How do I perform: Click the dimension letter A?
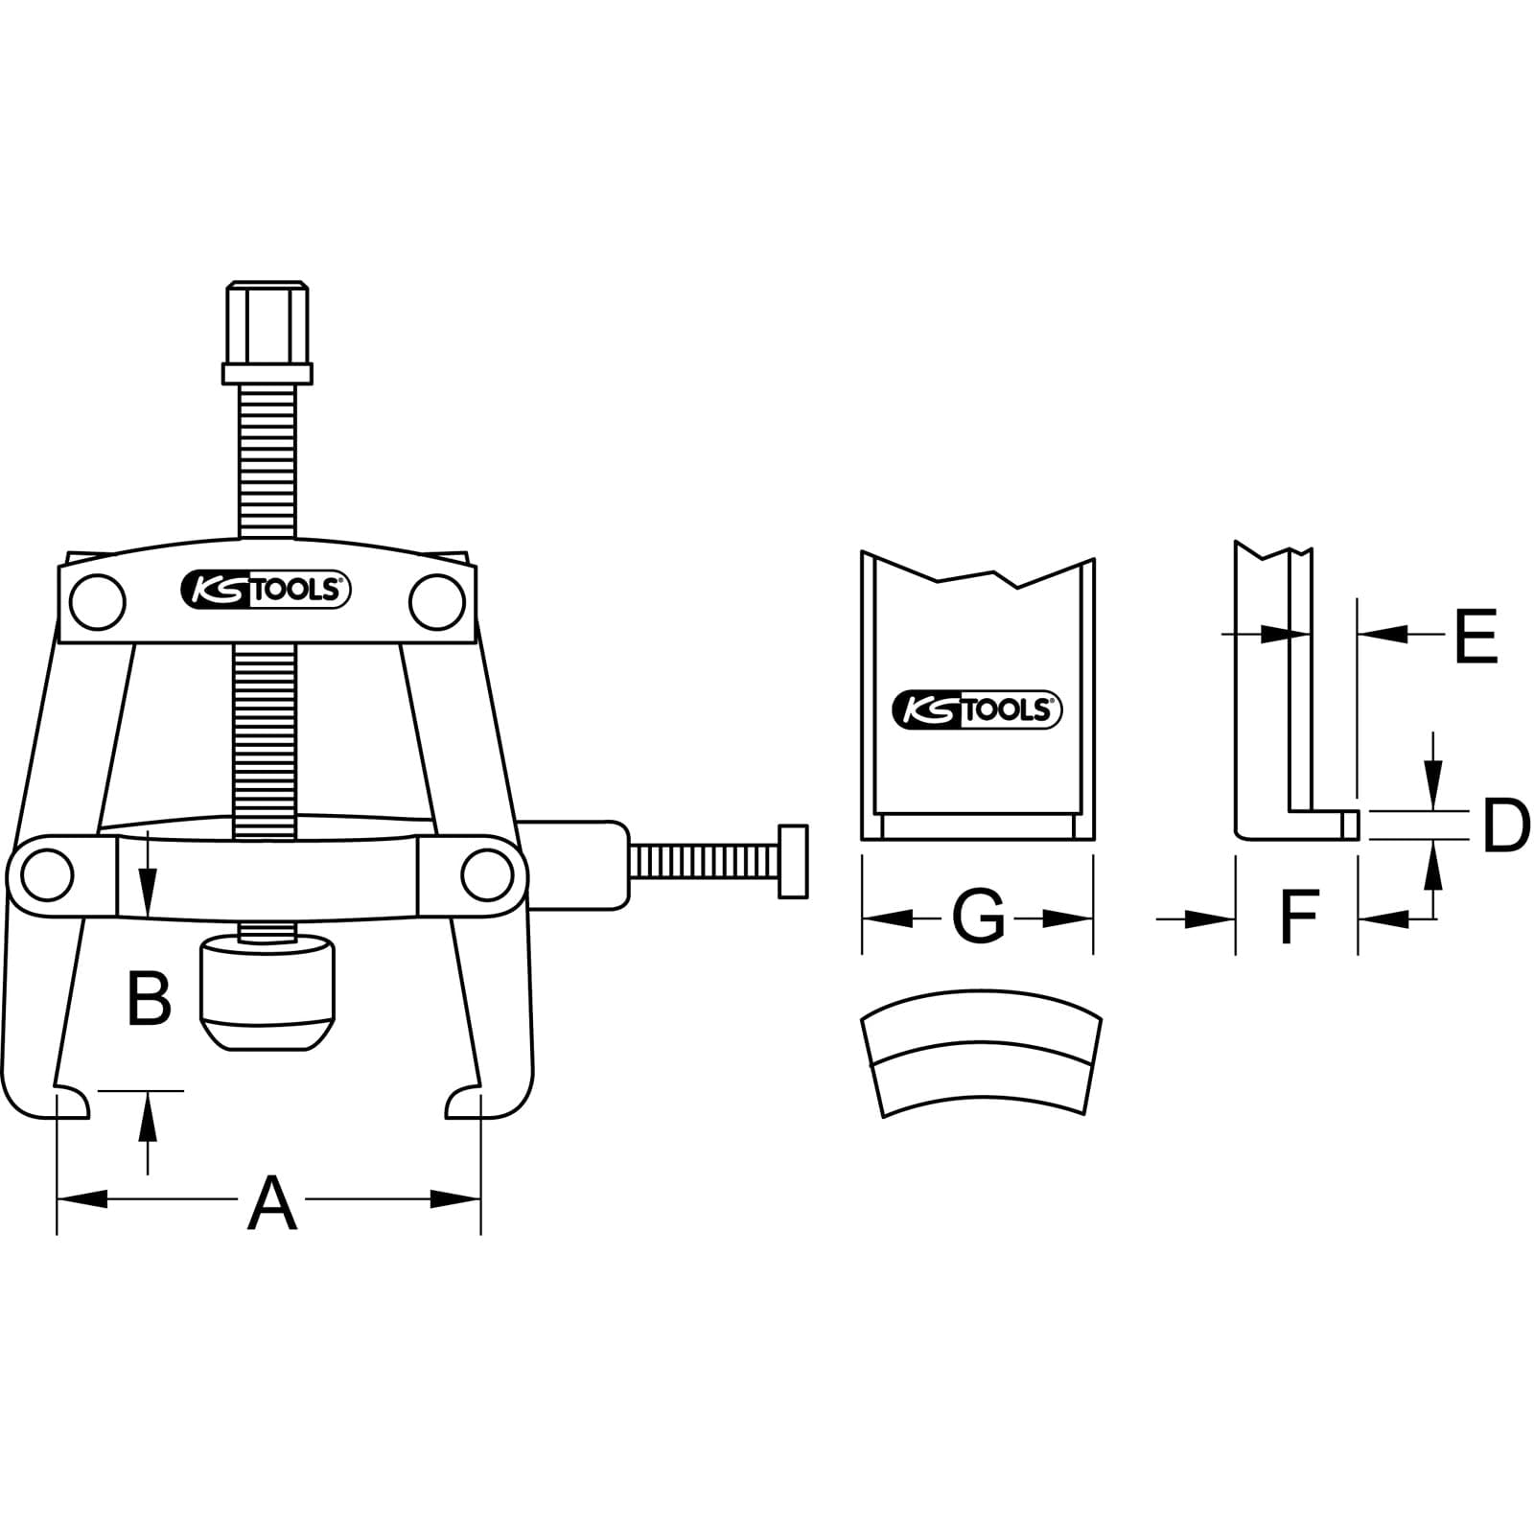coord(272,1203)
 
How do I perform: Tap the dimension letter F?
coord(1299,917)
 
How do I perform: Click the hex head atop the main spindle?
coord(267,333)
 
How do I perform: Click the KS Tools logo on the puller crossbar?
coord(266,590)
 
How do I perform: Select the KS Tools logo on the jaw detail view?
coord(977,709)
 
